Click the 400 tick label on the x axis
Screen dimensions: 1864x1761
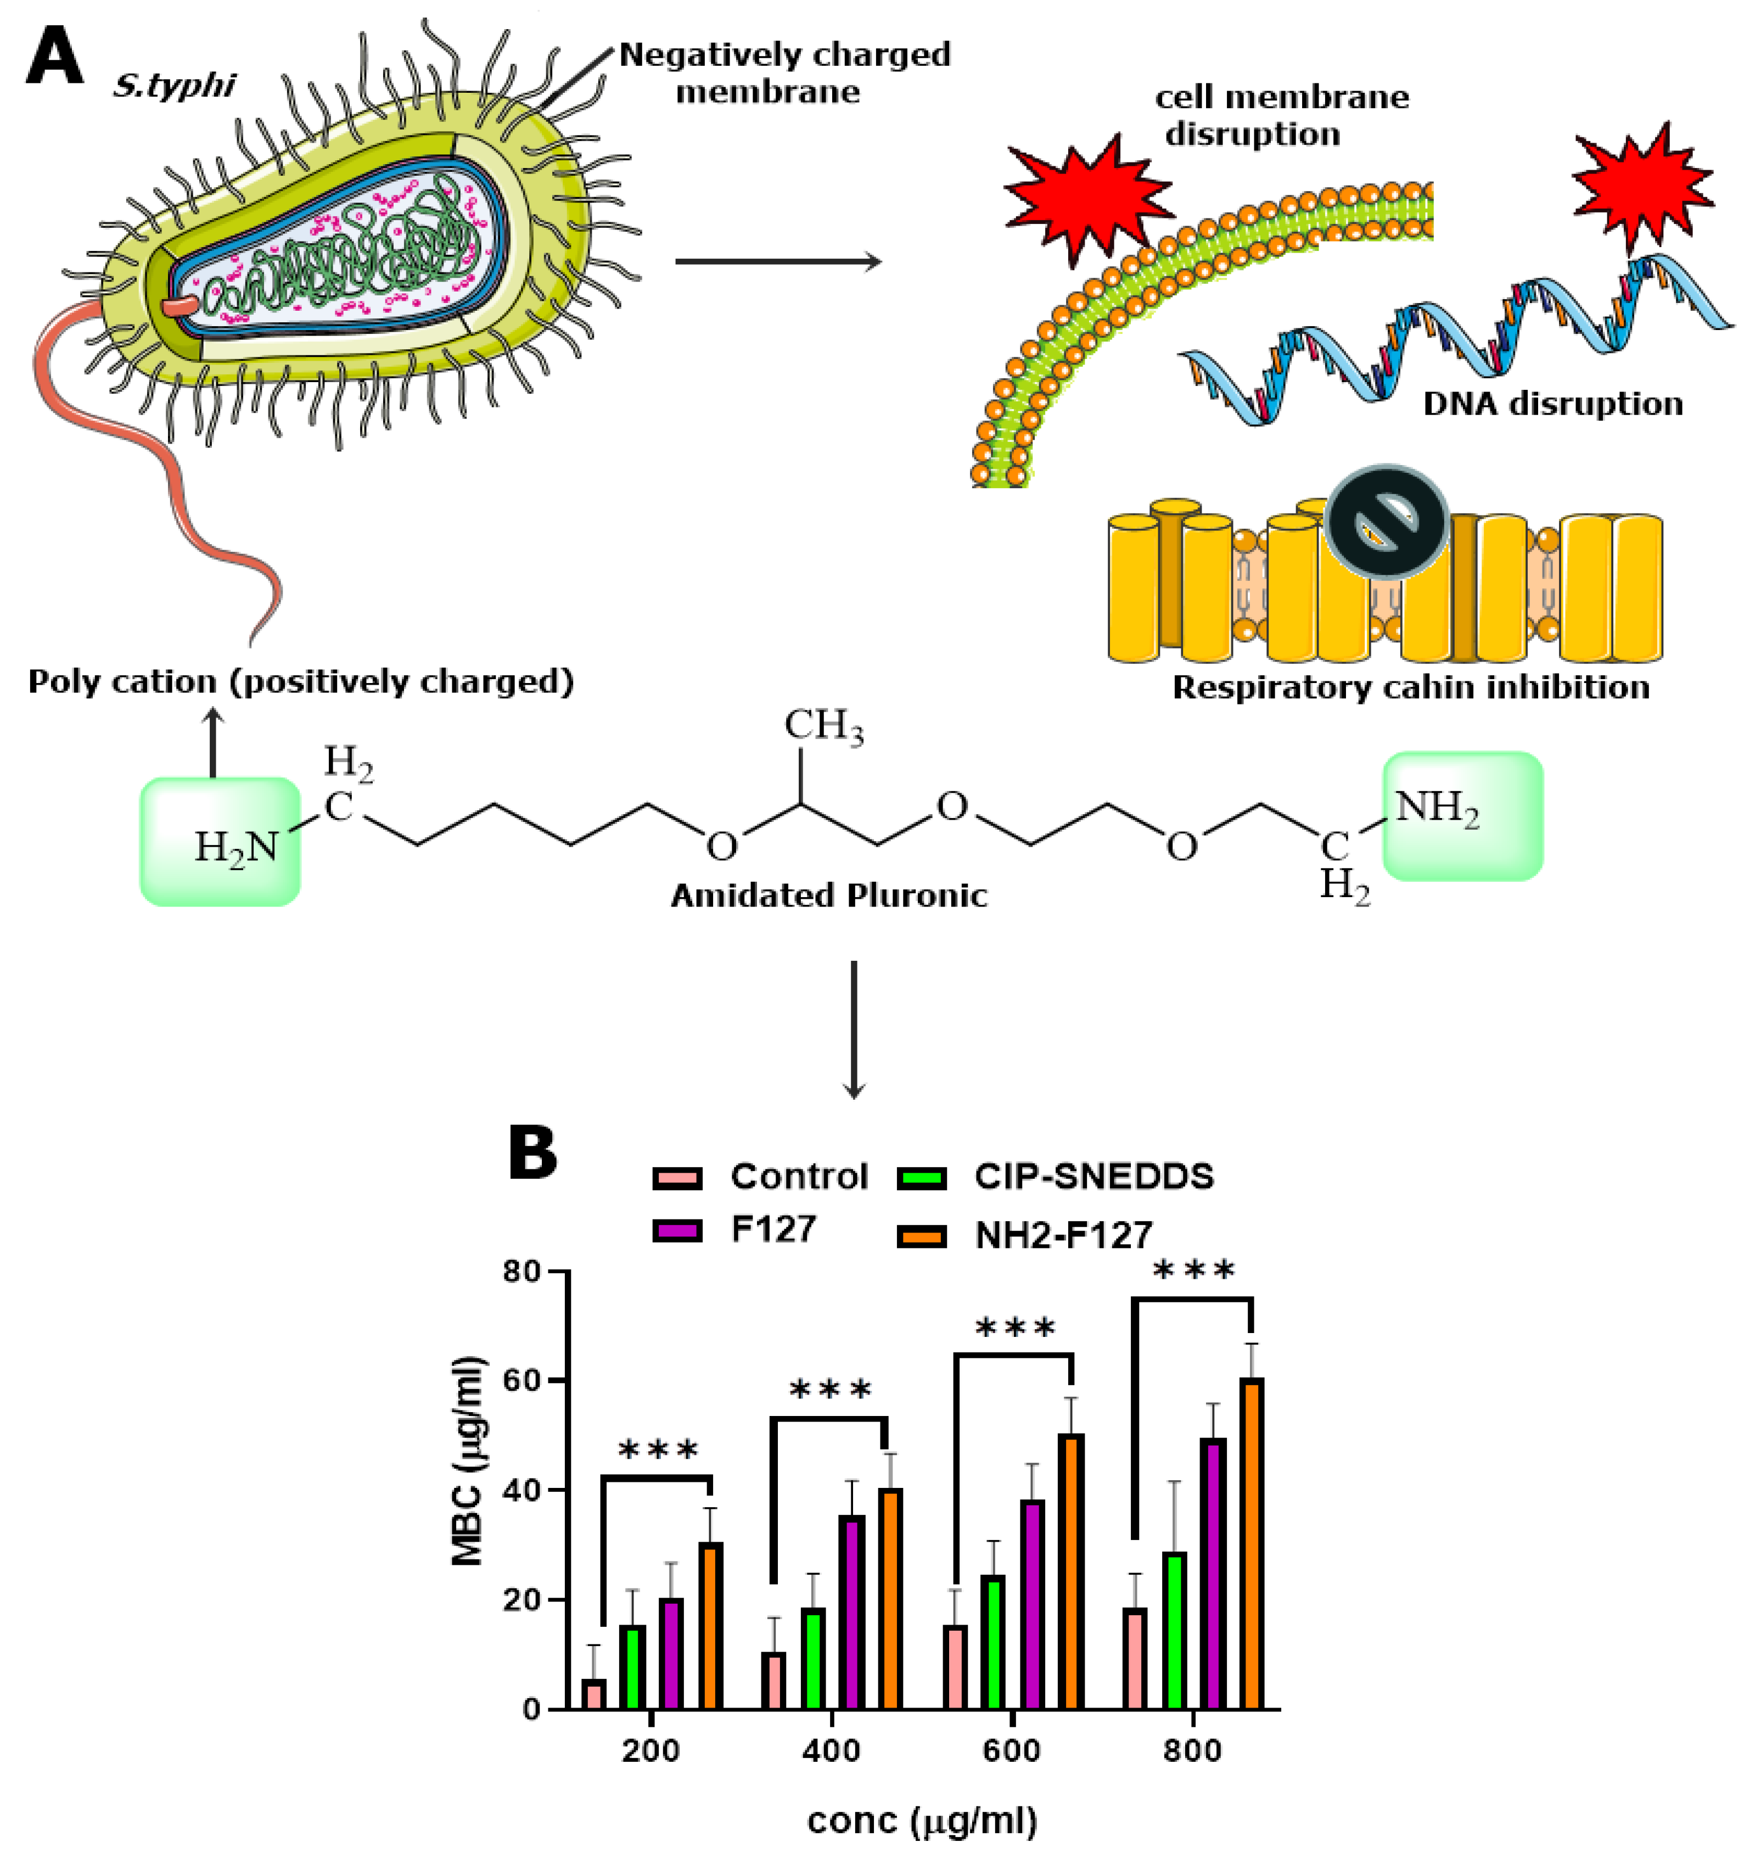(x=831, y=1751)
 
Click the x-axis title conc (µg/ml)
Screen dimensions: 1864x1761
(x=922, y=1822)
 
